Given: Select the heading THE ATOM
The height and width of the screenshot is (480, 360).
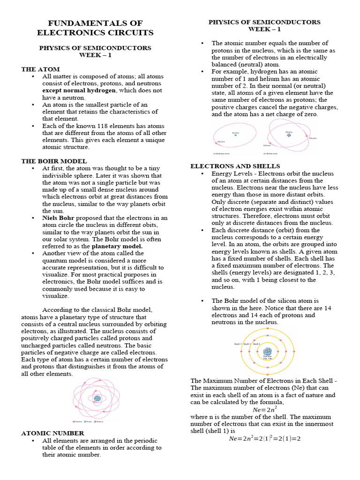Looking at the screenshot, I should pos(40,69).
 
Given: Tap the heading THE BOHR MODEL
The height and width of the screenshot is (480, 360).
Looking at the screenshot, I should pos(54,161).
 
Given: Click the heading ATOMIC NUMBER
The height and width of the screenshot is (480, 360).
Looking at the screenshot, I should pos(52,433).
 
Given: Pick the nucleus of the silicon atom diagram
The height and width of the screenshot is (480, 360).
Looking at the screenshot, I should pos(267,351).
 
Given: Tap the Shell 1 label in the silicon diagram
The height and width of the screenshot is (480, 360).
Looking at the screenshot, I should pos(256,344).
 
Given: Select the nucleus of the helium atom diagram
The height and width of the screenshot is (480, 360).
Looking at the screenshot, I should pos(289,135).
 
